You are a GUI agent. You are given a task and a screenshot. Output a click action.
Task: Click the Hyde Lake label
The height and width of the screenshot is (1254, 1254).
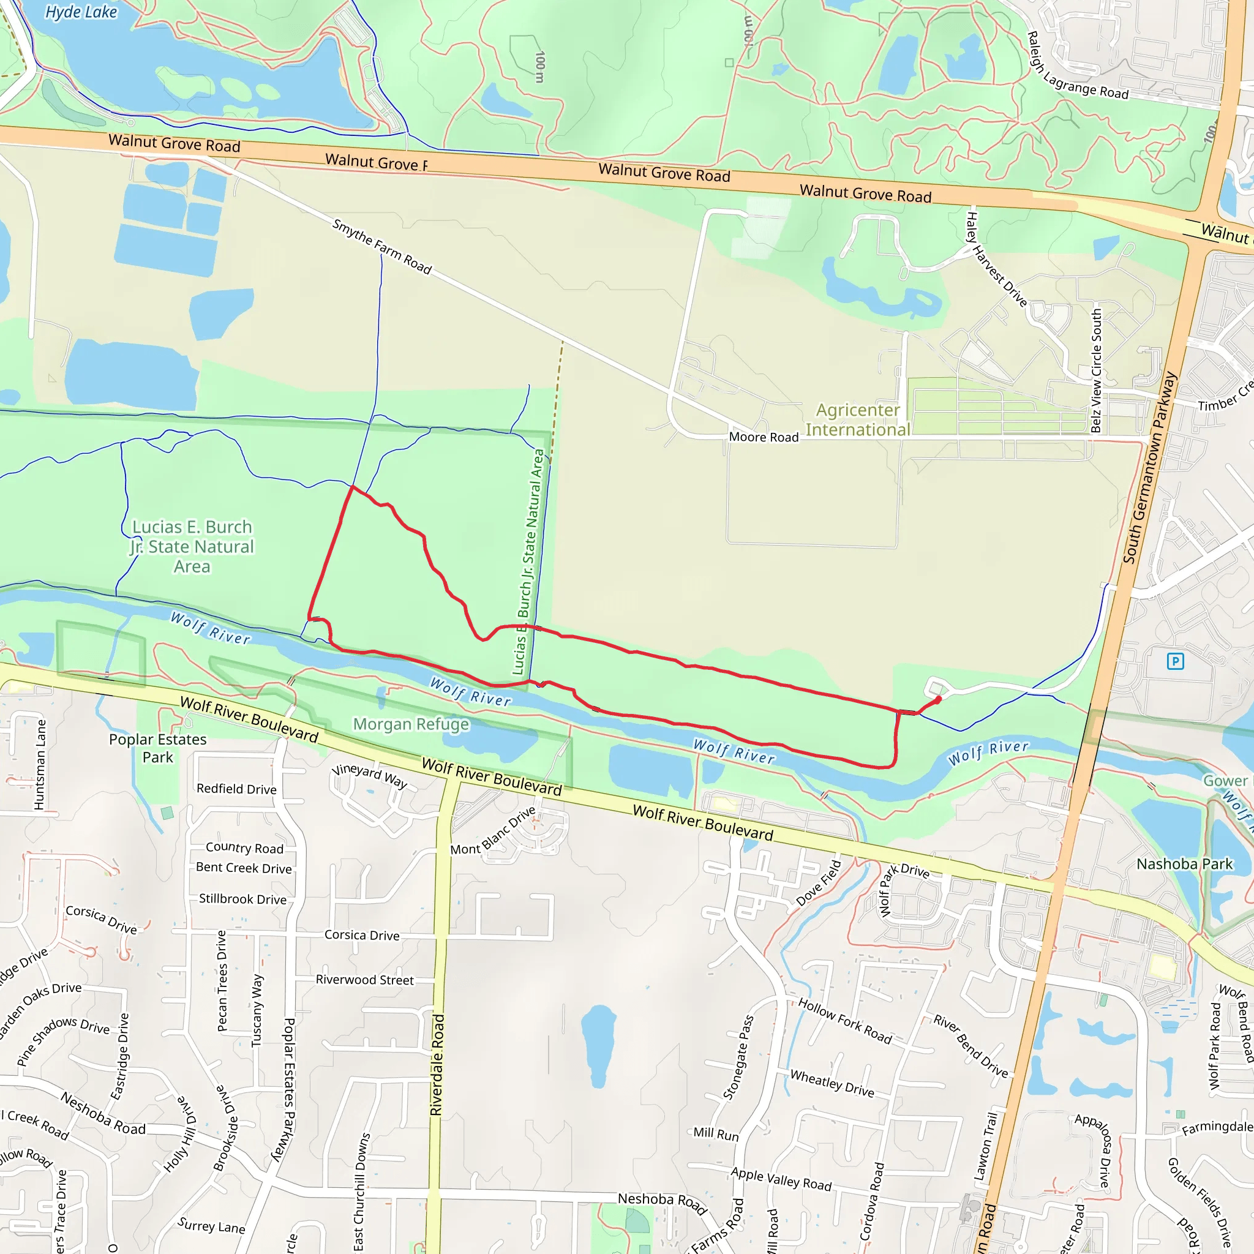[81, 12]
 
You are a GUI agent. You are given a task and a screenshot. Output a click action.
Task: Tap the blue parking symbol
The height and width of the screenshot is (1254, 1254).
[1175, 661]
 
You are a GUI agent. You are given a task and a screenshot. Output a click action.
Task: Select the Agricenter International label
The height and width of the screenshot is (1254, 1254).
[857, 420]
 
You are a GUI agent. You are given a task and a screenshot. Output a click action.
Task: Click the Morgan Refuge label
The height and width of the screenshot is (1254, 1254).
[410, 724]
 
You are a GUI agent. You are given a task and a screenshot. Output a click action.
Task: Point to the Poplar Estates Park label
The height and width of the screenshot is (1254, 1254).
[158, 748]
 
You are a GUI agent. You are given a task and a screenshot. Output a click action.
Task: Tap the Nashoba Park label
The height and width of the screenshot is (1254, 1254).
[1184, 864]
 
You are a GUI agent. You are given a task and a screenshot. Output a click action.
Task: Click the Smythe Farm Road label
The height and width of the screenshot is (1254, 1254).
[381, 246]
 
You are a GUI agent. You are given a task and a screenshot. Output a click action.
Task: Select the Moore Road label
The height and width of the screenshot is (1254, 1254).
[764, 437]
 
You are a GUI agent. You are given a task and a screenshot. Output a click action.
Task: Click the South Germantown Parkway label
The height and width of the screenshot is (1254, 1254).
[1149, 467]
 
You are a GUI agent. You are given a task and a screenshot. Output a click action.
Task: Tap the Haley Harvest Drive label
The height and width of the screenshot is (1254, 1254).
[996, 259]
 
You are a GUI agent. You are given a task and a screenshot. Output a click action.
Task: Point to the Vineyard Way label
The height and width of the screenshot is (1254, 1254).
[369, 775]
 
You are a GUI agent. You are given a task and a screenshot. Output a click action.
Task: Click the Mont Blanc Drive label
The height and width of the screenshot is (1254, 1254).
[494, 831]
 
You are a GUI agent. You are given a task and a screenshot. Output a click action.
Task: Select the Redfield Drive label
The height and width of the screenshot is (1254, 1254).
[236, 789]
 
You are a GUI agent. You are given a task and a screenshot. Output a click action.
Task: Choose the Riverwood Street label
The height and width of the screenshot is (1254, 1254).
[364, 980]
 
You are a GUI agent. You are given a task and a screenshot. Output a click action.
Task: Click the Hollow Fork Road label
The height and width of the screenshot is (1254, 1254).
[844, 1021]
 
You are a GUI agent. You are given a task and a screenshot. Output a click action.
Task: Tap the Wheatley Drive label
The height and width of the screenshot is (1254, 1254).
[832, 1083]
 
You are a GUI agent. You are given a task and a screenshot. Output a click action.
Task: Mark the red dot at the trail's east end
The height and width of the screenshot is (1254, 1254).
[939, 699]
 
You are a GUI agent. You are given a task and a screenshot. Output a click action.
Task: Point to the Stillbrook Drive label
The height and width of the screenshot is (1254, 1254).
[242, 898]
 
